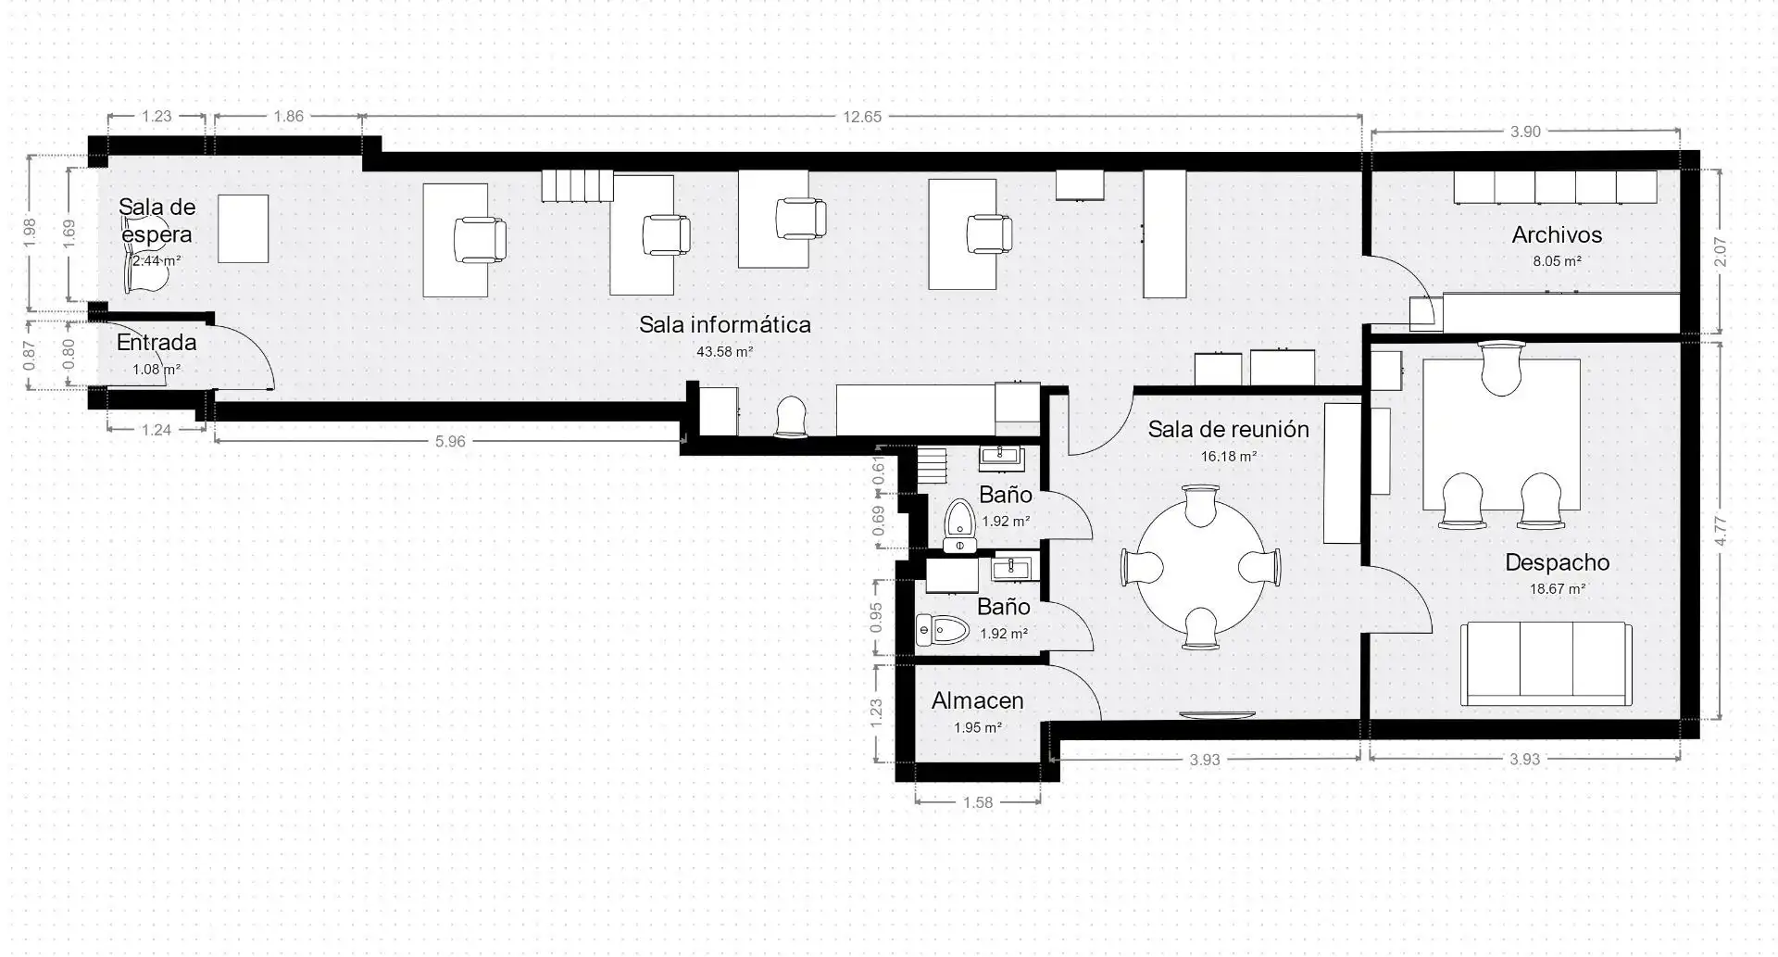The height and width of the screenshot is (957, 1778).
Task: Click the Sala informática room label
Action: (725, 325)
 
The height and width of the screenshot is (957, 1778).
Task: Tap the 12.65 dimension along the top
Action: (861, 117)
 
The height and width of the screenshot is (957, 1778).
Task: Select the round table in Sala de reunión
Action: (1201, 566)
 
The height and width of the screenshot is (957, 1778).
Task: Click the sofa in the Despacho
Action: (1546, 663)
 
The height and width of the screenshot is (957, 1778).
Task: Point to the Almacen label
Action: (978, 701)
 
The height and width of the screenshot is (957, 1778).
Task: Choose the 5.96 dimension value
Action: (450, 442)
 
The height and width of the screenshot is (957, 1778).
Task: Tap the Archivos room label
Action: (1557, 235)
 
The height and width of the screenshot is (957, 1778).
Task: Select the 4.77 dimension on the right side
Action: (1720, 530)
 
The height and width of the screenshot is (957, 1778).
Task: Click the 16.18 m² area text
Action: (1229, 457)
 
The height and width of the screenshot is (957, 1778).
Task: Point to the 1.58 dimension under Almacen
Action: (978, 803)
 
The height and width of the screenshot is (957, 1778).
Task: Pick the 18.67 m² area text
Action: (1558, 589)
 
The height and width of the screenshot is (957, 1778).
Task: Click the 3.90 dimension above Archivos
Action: (1525, 132)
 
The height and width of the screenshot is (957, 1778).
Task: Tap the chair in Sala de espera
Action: (144, 269)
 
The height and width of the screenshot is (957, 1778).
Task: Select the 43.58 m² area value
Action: (724, 352)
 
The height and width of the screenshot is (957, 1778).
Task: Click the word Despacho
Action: (1558, 562)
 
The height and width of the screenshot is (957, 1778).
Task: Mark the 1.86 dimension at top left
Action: (289, 117)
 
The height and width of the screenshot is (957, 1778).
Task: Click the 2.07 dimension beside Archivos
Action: (1720, 252)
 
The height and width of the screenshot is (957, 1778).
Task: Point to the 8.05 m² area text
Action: (1557, 262)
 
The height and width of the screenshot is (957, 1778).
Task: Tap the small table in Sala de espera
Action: (244, 229)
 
